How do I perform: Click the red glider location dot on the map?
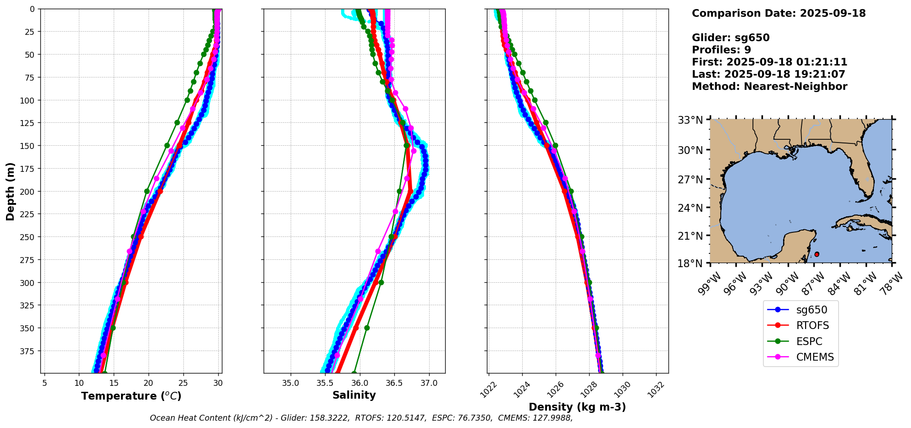point(817,254)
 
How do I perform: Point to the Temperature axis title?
point(131,396)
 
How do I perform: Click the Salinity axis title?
point(354,395)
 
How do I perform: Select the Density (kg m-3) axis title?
point(577,407)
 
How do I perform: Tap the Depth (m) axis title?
point(10,191)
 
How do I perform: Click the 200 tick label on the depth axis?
point(28,192)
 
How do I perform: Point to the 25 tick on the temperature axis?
point(183,383)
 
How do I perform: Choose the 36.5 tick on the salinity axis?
point(394,383)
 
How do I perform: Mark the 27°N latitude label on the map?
point(690,179)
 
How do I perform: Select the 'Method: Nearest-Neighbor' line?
point(769,86)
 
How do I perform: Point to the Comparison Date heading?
point(778,13)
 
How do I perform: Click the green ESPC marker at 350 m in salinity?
point(367,328)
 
